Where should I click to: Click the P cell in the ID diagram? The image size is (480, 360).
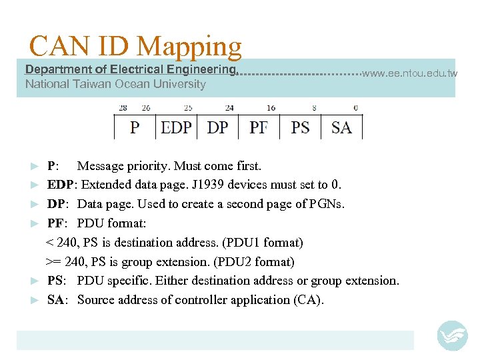pos(135,127)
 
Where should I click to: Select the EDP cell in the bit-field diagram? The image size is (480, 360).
pos(176,127)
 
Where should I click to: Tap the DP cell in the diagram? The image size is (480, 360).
pos(217,127)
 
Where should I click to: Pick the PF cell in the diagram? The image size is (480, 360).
pos(259,127)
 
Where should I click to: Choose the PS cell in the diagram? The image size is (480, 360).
pos(300,127)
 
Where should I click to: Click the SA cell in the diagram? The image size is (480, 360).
pos(341,127)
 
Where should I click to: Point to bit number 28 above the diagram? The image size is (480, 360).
pos(123,107)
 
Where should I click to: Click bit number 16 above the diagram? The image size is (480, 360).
pos(271,107)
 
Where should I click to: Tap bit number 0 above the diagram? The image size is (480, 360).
pos(355,107)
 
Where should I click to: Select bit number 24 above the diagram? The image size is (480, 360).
pos(229,107)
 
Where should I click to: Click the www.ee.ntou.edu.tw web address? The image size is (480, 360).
pos(409,73)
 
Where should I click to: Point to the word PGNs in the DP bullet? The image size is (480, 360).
pos(327,204)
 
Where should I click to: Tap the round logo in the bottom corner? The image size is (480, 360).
pos(452,335)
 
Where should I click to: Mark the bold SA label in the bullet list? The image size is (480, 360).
pos(55,300)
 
